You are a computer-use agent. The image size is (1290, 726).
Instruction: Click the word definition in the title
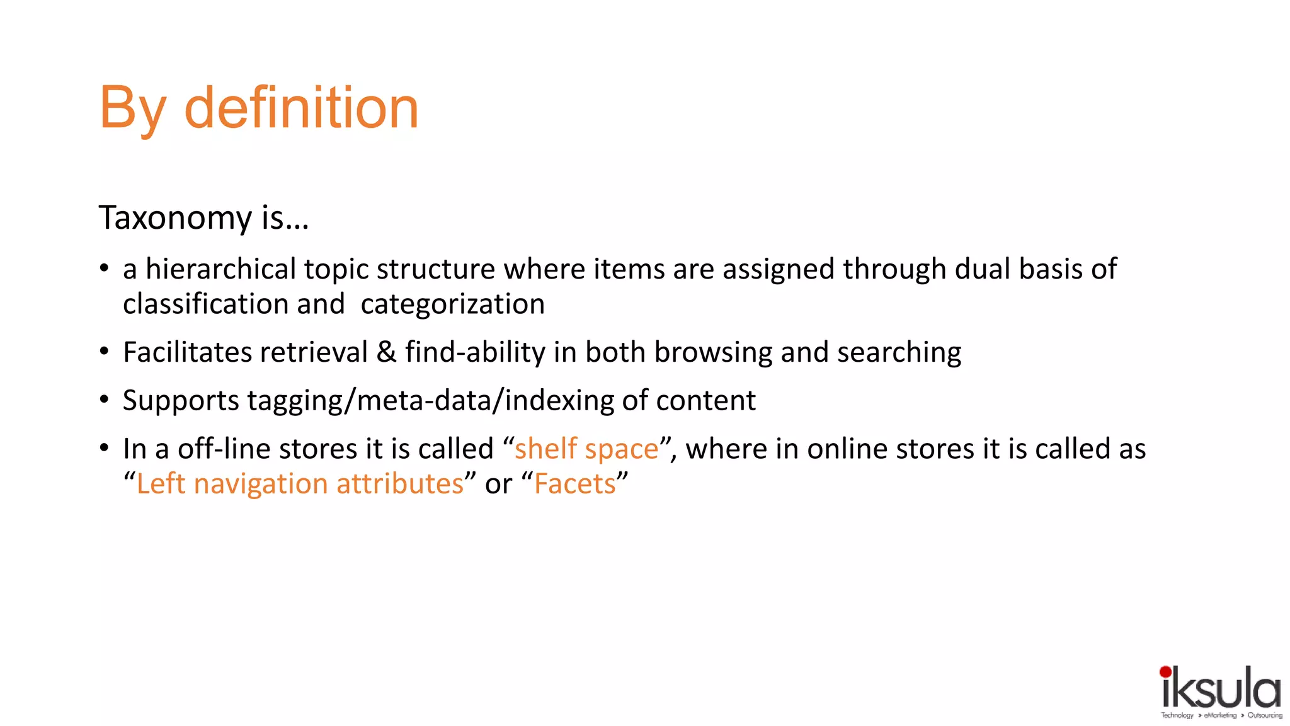[x=301, y=108]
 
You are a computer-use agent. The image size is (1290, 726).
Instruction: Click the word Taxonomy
[x=176, y=218]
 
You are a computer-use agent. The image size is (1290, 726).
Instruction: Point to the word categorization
[x=452, y=304]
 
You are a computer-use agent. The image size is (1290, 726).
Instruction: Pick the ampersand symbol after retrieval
[x=386, y=352]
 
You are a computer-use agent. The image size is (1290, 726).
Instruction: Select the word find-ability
[x=475, y=352]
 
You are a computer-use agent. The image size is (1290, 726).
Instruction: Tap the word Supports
[x=181, y=401]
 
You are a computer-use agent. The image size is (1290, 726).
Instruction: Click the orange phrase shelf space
[x=586, y=449]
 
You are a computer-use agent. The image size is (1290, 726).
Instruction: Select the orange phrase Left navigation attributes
[x=300, y=484]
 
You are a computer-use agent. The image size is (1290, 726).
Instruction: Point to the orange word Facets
[x=574, y=484]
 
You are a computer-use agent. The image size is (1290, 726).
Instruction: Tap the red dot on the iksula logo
[x=1165, y=672]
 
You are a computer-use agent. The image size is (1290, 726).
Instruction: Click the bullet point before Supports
[x=105, y=400]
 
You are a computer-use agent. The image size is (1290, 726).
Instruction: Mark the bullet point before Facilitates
[x=105, y=351]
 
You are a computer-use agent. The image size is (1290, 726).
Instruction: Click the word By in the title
[x=132, y=108]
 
